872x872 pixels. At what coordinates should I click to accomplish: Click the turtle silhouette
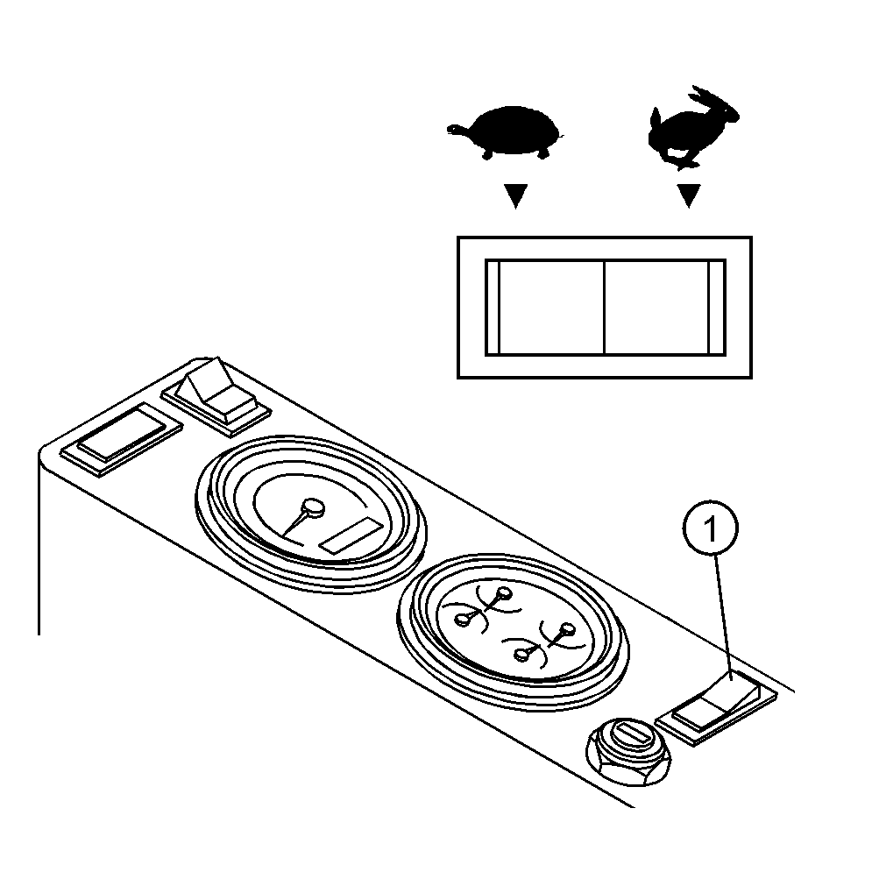point(505,131)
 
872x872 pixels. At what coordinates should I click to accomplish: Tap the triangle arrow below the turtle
point(515,196)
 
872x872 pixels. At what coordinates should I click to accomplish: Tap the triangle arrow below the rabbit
point(689,196)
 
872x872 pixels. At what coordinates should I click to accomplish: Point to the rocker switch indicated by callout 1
point(716,706)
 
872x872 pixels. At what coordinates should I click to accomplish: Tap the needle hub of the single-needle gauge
point(313,507)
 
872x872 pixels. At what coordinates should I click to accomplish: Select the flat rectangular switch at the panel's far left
point(121,439)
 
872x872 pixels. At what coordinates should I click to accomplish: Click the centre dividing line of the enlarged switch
point(605,307)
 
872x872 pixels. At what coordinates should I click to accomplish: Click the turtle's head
point(457,130)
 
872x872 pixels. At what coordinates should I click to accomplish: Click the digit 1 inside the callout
point(710,528)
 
